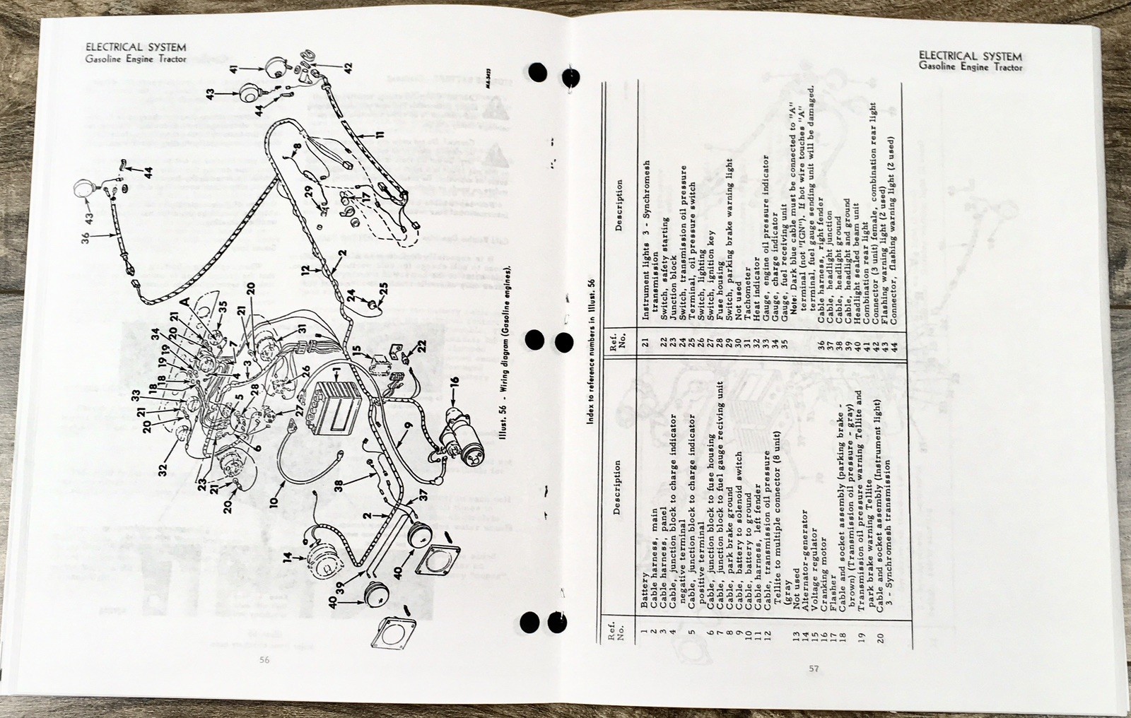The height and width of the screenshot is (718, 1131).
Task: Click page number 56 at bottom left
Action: [264, 659]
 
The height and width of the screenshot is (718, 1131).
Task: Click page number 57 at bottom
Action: [814, 669]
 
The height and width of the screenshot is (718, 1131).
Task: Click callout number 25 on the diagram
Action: [383, 289]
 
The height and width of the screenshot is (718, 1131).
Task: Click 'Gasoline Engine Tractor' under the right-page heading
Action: [970, 66]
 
